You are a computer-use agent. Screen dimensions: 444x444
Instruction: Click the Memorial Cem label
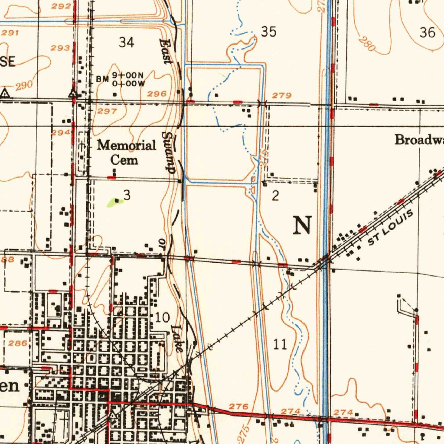126,152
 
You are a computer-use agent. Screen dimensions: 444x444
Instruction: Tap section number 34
127,42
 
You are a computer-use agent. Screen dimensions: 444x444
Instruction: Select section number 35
269,32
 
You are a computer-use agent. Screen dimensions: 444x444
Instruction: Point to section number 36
428,33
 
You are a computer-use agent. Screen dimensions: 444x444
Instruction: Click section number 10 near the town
163,317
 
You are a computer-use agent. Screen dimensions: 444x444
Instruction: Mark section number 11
281,345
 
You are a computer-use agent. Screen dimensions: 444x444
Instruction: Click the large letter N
303,225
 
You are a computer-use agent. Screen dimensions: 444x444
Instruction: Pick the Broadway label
419,140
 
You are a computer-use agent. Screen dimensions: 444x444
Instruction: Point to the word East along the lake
166,51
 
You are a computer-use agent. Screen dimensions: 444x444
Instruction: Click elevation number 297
107,111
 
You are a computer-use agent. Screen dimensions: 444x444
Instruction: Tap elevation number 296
157,94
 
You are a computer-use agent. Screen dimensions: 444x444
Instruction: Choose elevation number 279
282,95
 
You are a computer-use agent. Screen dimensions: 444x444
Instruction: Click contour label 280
367,44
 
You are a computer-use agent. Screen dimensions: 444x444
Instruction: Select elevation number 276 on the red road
238,406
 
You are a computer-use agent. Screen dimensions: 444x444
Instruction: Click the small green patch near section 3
114,202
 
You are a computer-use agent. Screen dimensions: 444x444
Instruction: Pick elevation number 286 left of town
18,343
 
